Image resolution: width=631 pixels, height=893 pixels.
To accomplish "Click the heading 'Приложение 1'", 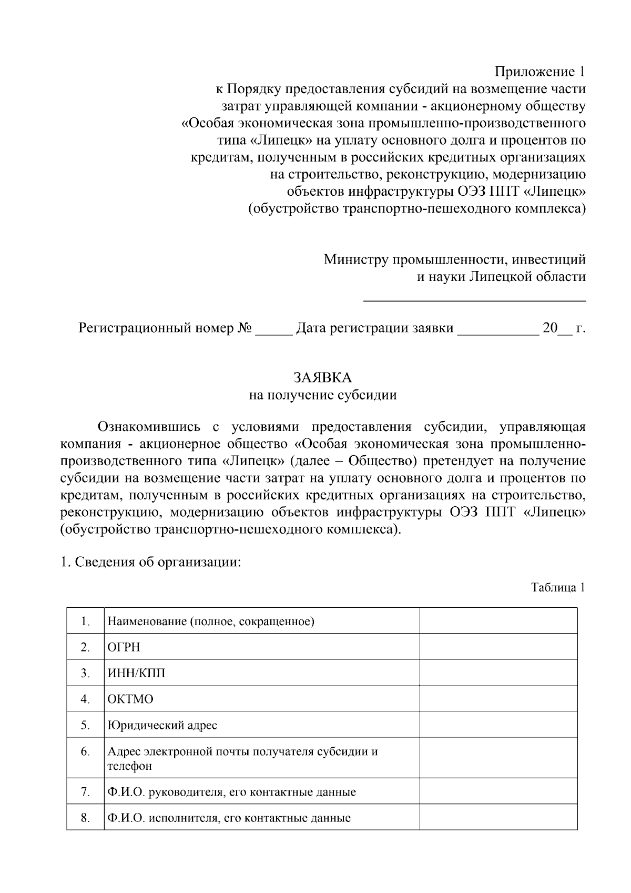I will [x=540, y=72].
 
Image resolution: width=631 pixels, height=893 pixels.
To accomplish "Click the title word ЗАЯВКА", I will [x=322, y=378].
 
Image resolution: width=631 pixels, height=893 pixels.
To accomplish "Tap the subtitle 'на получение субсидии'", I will [x=322, y=395].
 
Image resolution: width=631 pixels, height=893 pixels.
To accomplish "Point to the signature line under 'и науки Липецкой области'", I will [x=475, y=300].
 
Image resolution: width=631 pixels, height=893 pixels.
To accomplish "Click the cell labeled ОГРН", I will [x=124, y=647].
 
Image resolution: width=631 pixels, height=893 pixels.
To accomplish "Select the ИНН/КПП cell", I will [x=136, y=673].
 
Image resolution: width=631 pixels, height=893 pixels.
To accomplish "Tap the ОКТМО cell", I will [x=130, y=699].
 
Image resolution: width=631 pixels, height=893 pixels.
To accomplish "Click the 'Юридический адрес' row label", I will [x=162, y=725].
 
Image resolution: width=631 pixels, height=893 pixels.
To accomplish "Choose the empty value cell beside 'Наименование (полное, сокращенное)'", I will [x=498, y=621].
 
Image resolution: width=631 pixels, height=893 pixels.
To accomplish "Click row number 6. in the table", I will [x=85, y=751].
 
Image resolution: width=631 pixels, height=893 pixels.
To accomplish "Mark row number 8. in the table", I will [x=85, y=818].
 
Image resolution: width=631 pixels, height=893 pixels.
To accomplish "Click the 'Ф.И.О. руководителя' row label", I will [x=231, y=792].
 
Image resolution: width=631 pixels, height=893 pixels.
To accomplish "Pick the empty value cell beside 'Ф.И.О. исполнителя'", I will [x=498, y=818].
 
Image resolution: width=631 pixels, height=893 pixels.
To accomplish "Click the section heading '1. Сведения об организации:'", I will [x=150, y=563].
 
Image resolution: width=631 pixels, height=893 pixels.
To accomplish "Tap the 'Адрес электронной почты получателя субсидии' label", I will [x=242, y=751].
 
